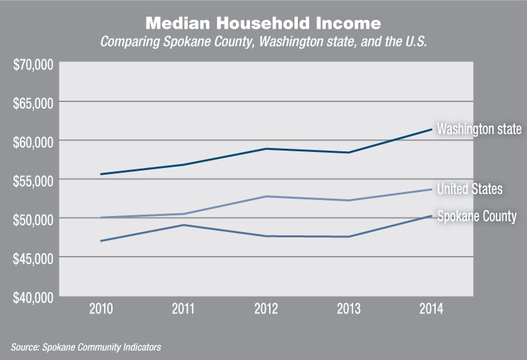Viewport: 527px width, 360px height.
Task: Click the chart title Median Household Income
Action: point(263,23)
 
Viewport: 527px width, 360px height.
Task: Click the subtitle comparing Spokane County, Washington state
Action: point(263,41)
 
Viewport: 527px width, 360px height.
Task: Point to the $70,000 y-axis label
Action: point(32,65)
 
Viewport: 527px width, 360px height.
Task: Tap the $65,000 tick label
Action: point(32,103)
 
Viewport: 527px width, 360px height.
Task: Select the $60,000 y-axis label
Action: point(32,142)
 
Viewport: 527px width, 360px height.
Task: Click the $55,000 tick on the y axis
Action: point(32,181)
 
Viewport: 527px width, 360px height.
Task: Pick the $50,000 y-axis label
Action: point(32,219)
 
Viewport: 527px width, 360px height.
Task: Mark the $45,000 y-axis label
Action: point(32,258)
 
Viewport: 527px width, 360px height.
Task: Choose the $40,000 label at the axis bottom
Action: point(32,297)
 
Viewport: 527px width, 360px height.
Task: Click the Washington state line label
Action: point(478,129)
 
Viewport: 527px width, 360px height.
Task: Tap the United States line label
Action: point(469,189)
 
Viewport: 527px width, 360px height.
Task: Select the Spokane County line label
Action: point(476,216)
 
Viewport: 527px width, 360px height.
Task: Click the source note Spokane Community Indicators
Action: point(86,347)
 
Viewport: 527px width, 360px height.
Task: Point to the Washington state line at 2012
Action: point(266,149)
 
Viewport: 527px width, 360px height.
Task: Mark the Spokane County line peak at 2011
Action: point(184,225)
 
